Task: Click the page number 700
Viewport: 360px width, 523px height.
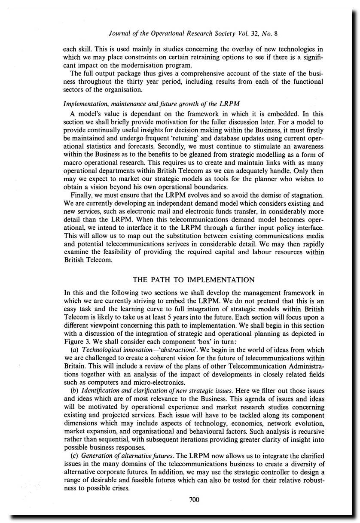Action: point(194,499)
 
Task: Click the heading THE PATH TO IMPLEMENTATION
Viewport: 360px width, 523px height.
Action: point(194,280)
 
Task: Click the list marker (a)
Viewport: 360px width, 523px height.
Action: point(74,350)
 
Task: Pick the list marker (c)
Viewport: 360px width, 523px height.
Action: point(74,455)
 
